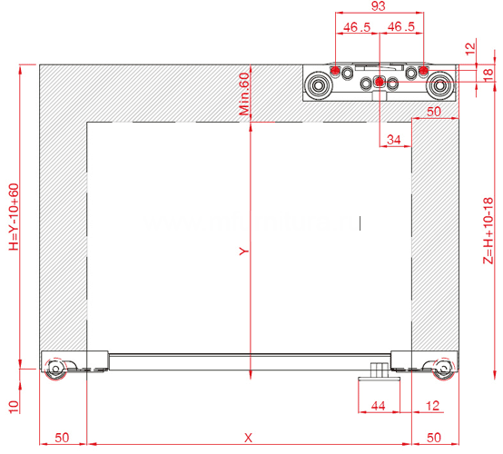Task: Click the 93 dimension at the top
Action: coord(378,5)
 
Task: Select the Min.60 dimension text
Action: coord(244,94)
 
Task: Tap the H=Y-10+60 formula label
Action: coord(14,217)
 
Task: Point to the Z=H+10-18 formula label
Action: coord(488,231)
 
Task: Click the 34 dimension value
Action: coord(394,140)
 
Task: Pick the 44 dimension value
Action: coord(378,406)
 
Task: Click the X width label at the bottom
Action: coord(248,438)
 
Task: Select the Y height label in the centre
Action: coord(244,251)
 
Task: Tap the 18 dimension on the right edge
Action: coord(488,74)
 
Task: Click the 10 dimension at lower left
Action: coord(14,407)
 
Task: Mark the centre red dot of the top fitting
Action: coord(380,82)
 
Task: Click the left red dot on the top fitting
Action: coord(335,70)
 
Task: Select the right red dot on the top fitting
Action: coord(423,70)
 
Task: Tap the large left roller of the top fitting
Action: coord(318,85)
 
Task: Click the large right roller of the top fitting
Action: coord(439,85)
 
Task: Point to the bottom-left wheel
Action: coord(55,369)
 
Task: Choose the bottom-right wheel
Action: coord(444,369)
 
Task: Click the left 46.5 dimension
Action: coord(357,27)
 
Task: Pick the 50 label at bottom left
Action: coord(62,438)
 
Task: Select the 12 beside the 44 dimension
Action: coord(432,406)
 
